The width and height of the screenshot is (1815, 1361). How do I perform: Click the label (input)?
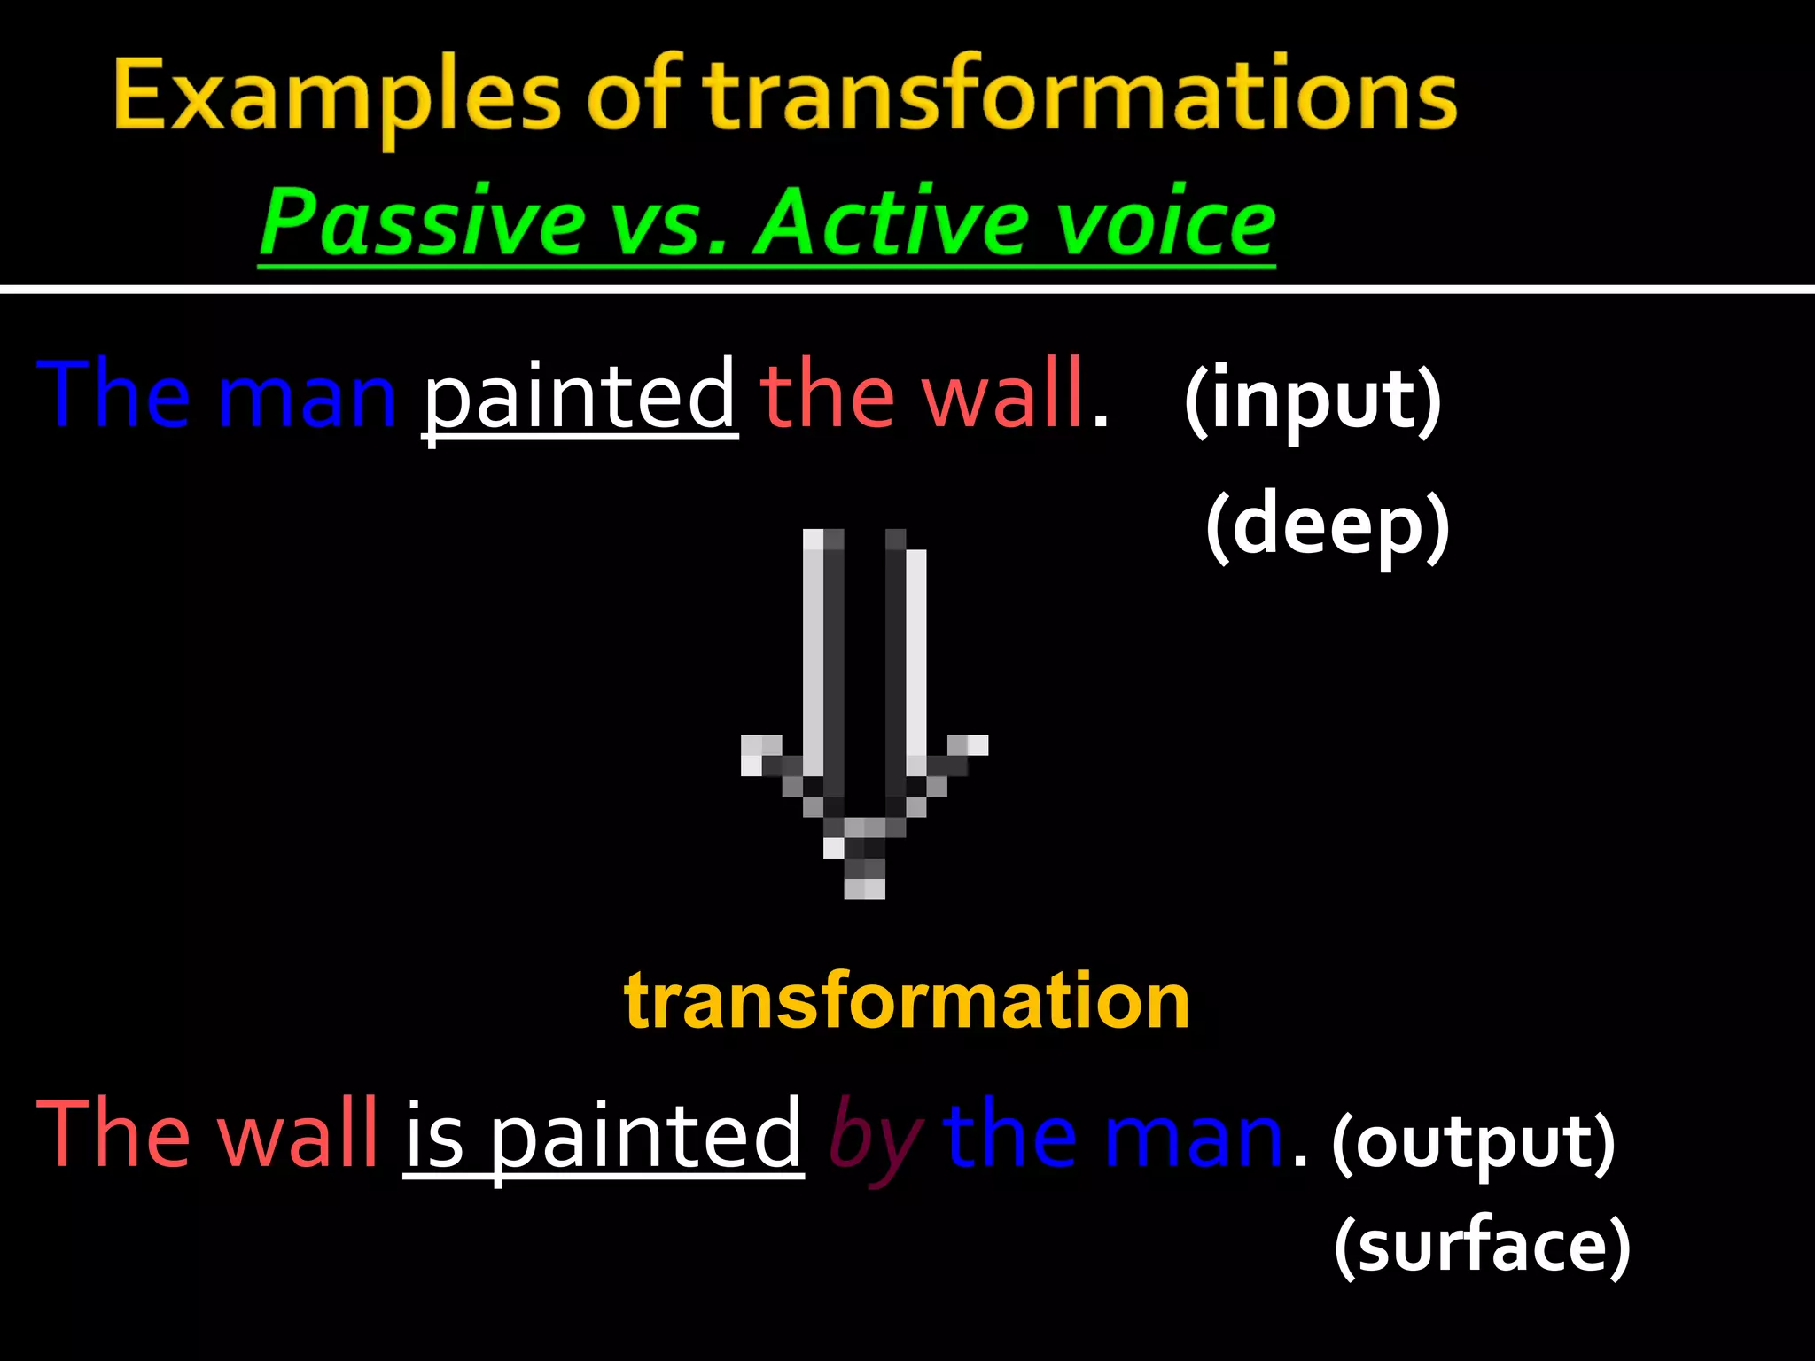(1313, 401)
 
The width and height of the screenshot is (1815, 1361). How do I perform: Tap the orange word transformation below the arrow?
(907, 1001)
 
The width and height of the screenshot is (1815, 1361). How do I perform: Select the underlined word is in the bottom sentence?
(434, 1136)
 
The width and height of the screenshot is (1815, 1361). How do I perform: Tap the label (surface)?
(1482, 1245)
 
